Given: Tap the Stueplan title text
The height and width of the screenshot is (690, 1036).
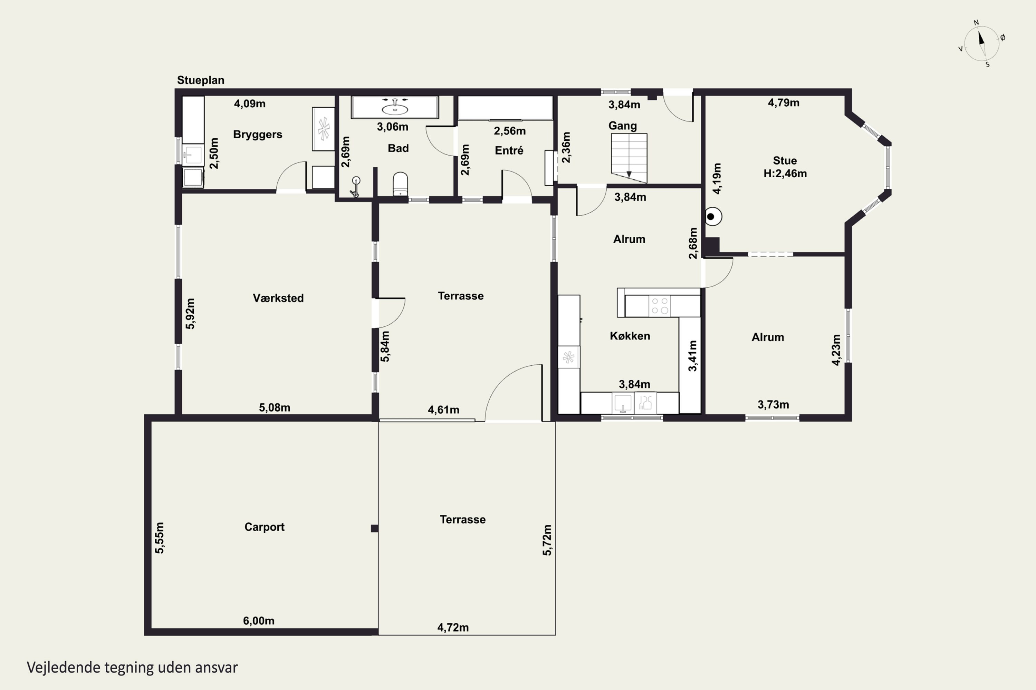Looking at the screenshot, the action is [x=200, y=80].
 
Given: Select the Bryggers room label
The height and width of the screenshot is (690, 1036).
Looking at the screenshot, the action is [x=258, y=135].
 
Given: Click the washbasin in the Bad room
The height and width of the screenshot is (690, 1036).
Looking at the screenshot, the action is [x=395, y=107].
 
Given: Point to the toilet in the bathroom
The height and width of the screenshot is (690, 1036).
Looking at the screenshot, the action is [x=400, y=184].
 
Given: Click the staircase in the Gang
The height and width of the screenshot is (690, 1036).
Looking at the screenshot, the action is [x=629, y=158].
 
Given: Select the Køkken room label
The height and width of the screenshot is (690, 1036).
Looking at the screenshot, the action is [x=630, y=336].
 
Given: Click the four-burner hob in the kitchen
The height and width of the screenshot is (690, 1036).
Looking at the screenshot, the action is [x=659, y=306].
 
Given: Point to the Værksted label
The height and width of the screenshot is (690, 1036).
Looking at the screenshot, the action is [x=278, y=298].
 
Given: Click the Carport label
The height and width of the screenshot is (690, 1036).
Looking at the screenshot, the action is [x=264, y=527].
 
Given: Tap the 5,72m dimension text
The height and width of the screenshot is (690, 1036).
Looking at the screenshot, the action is [x=547, y=540].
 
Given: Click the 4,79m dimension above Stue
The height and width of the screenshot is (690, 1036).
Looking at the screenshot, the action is [x=784, y=102].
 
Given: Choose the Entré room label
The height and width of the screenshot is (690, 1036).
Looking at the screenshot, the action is [x=509, y=150].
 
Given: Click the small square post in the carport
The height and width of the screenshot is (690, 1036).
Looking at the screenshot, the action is [x=374, y=529].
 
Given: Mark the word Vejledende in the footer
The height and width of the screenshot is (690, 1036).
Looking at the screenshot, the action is [x=64, y=668].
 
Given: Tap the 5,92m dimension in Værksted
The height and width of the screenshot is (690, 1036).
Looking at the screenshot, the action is [x=190, y=314].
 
